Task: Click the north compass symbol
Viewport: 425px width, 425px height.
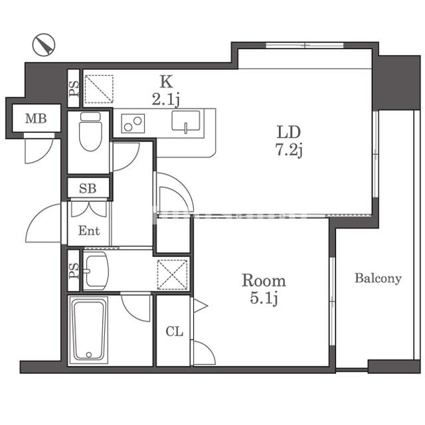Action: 44,44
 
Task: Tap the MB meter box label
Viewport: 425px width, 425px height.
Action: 36,118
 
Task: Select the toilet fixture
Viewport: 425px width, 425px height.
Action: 90,131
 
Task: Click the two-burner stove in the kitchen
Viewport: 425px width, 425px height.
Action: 133,124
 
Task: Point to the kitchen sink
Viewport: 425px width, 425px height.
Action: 186,122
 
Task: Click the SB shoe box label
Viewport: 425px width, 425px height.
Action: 88,188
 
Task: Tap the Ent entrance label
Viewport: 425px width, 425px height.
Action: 89,230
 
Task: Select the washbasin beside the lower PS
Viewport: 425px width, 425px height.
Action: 96,270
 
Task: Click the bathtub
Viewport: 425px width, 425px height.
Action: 88,330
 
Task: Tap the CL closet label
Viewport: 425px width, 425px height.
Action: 174,331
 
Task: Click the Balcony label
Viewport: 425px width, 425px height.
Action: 378,278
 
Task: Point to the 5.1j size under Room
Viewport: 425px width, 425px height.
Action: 264,299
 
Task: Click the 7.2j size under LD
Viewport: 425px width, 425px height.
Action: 289,150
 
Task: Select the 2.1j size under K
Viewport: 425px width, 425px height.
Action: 165,100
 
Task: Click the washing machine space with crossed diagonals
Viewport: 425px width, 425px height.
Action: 173,274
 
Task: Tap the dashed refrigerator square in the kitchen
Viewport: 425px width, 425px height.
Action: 99,89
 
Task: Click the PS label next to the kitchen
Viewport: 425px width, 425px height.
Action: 74,89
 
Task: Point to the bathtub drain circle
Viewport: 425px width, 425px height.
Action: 88,355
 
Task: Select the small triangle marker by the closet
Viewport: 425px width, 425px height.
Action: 200,306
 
